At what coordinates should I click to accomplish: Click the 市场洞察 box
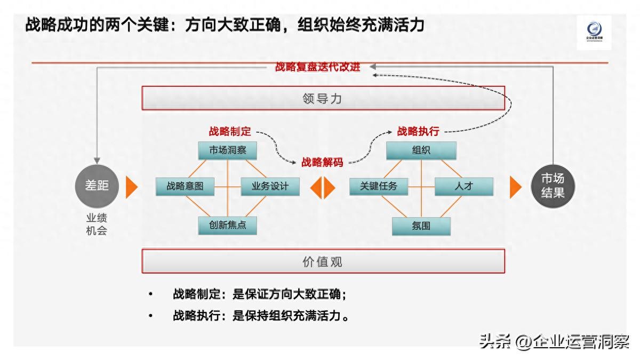(228, 150)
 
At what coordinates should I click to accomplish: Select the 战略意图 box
(185, 186)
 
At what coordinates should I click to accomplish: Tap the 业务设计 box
(270, 186)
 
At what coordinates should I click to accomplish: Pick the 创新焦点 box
(228, 225)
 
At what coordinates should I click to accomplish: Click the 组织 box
(421, 150)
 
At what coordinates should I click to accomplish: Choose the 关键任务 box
(379, 186)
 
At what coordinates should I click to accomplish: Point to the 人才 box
(464, 186)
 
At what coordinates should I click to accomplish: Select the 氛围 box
(421, 226)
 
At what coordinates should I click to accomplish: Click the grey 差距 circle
(97, 186)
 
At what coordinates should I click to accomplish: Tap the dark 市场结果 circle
(553, 186)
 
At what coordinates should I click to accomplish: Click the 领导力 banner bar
(323, 99)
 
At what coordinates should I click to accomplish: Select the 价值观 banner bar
(323, 262)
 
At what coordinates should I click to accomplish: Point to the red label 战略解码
(322, 163)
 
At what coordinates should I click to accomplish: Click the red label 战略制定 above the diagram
(230, 131)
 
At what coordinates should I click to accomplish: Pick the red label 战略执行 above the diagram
(418, 131)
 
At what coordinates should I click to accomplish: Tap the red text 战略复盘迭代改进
(318, 67)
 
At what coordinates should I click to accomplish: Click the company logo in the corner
(594, 32)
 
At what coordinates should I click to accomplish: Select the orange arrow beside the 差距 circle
(132, 187)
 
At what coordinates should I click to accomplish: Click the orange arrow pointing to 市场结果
(515, 187)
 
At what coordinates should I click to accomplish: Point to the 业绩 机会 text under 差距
(97, 225)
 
